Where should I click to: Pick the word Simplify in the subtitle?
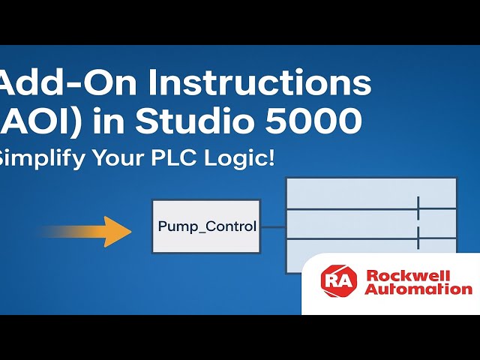click(42, 158)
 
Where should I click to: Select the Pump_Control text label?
click(207, 226)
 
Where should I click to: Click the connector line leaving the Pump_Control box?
click(273, 226)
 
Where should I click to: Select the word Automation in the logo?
click(418, 289)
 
